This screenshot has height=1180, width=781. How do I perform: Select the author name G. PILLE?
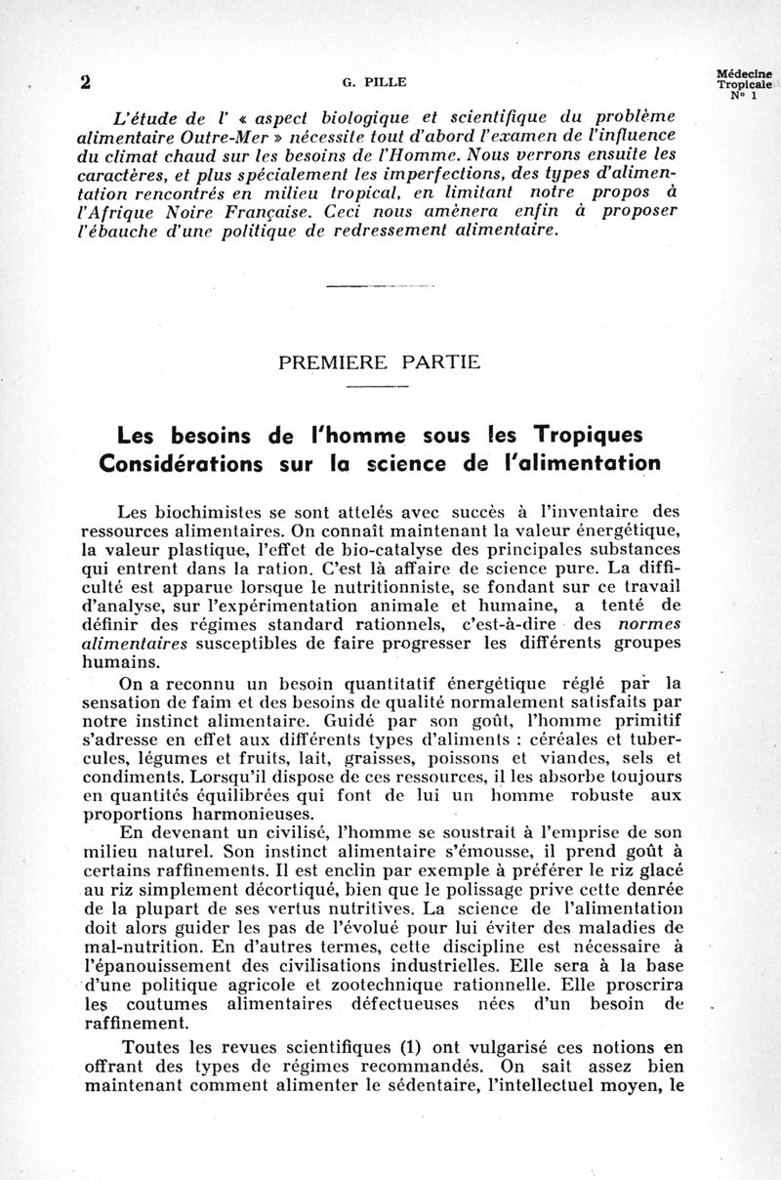(x=358, y=83)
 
